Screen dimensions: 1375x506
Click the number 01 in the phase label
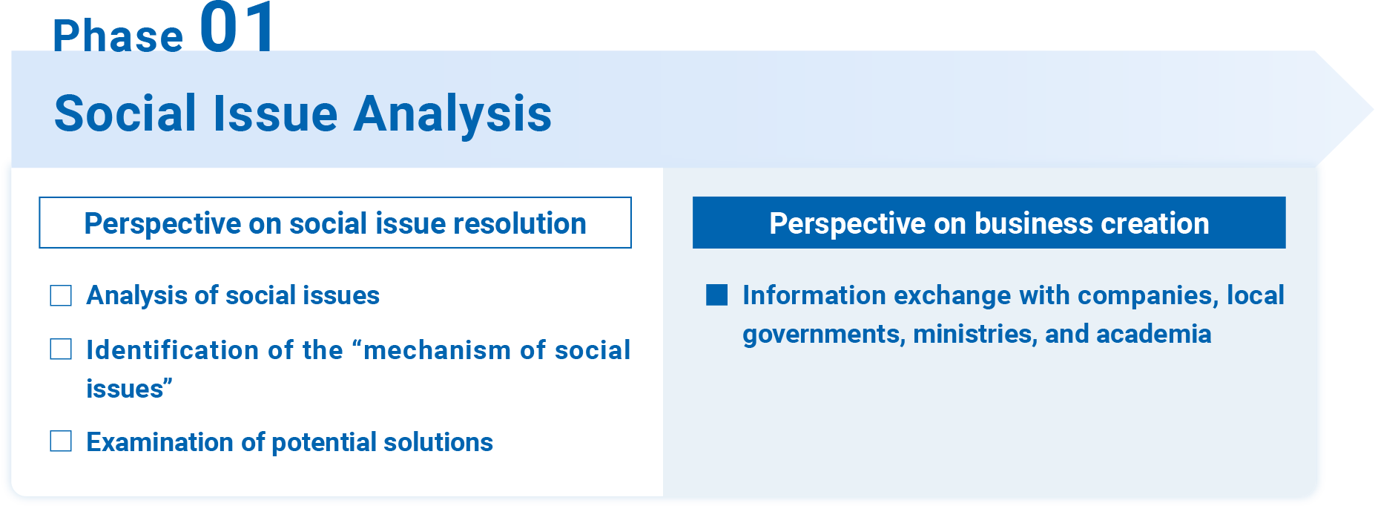coord(237,27)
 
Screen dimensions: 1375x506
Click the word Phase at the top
coord(118,36)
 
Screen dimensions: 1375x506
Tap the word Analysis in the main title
coord(452,115)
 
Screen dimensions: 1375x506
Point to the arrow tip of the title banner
coord(1372,110)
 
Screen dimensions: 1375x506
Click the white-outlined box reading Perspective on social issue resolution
coord(335,223)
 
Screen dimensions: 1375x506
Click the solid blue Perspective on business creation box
coord(989,223)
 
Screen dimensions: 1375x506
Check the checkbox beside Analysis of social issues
coord(61,295)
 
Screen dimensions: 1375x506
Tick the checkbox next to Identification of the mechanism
coord(61,349)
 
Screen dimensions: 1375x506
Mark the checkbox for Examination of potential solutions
coord(61,441)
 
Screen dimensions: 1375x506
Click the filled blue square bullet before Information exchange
coord(717,295)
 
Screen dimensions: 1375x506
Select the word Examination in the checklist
coord(160,442)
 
